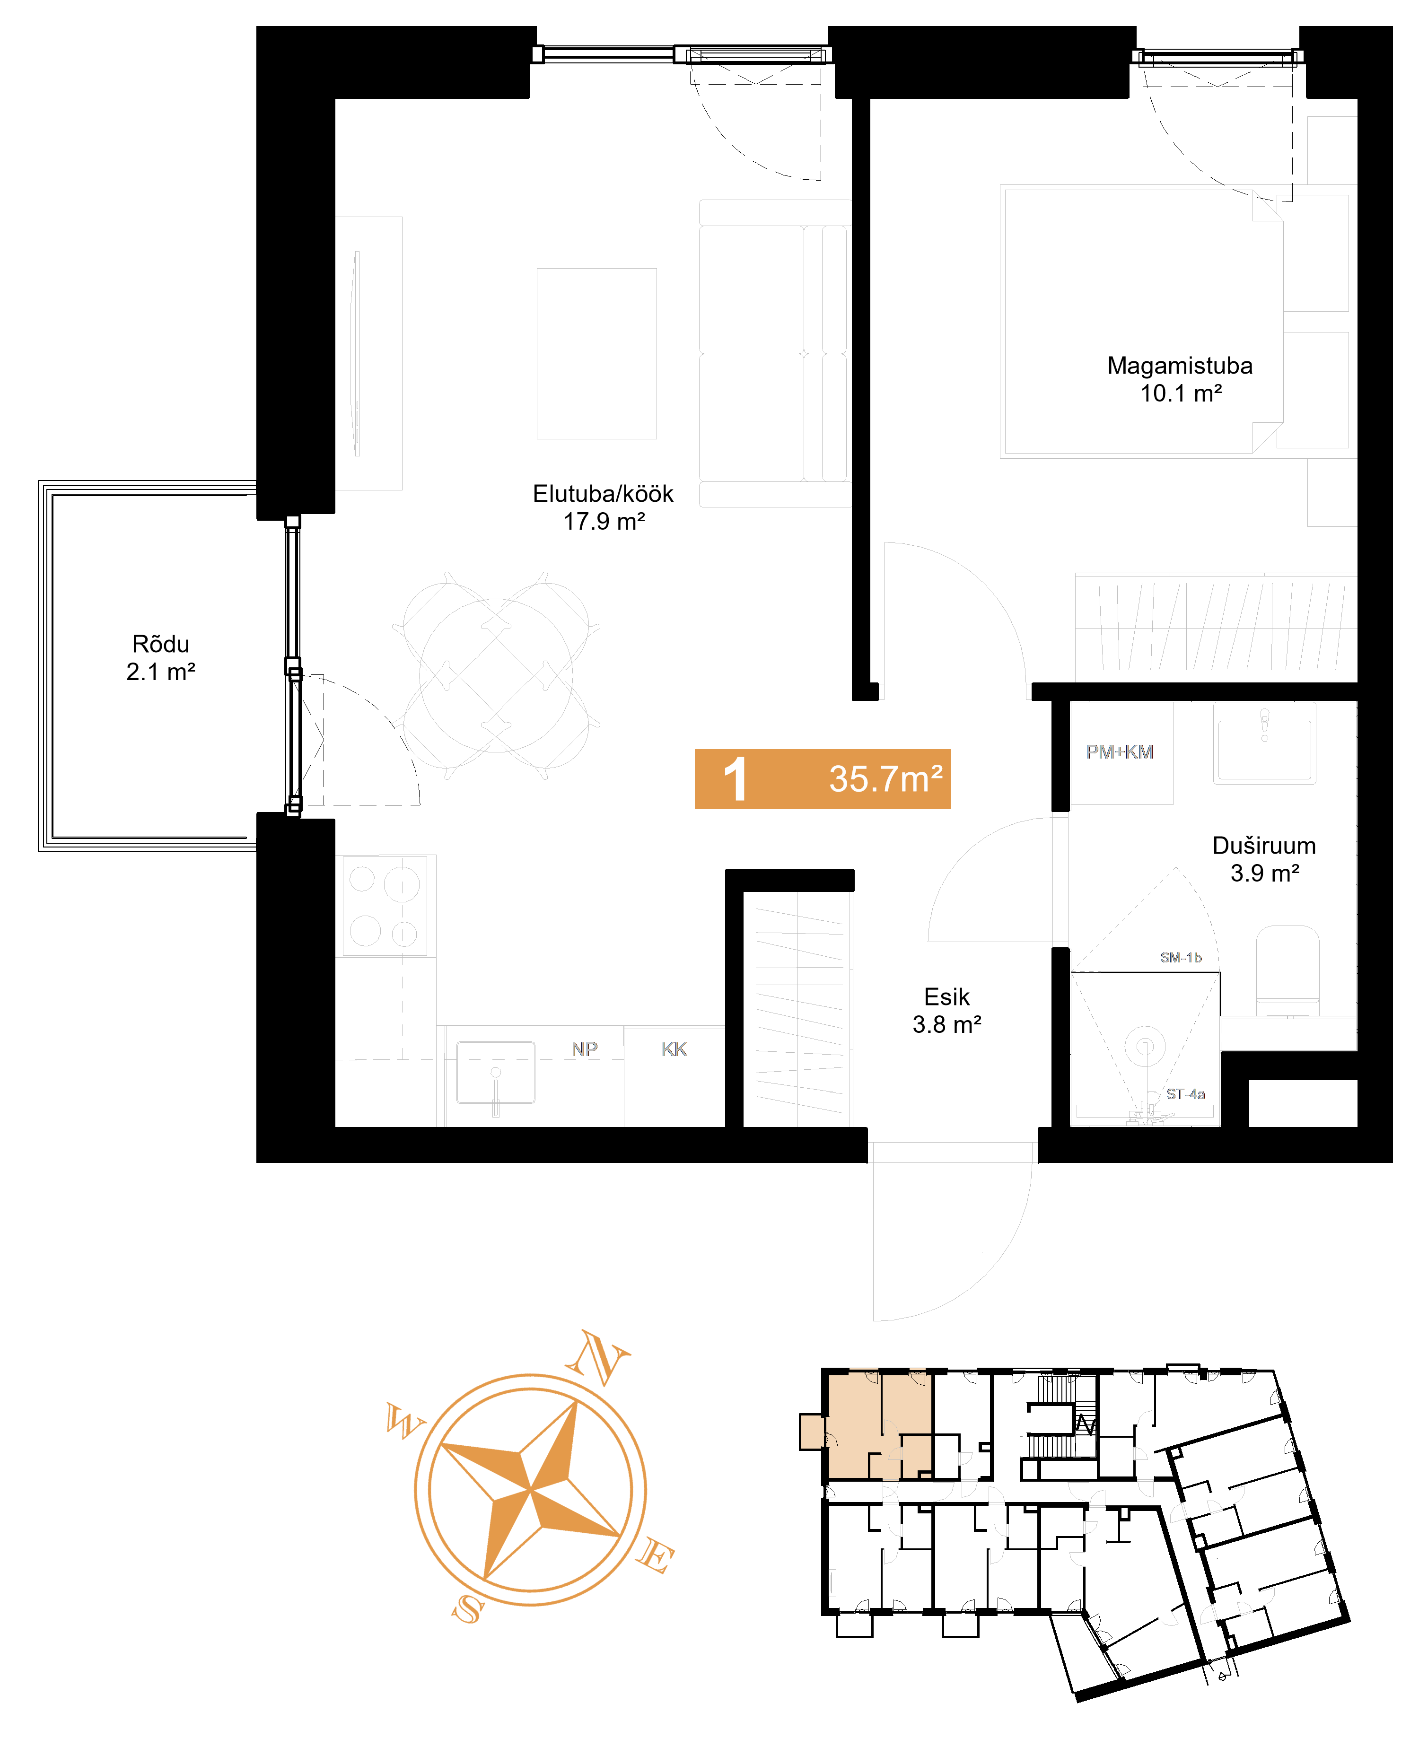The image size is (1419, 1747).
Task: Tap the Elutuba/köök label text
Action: click(603, 494)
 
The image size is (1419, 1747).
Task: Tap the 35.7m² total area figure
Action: click(885, 779)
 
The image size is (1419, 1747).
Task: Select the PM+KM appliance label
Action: click(1119, 752)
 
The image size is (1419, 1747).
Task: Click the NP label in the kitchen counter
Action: click(585, 1049)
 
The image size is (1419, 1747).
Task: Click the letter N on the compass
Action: click(599, 1359)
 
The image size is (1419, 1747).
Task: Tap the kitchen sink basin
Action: click(495, 1072)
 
